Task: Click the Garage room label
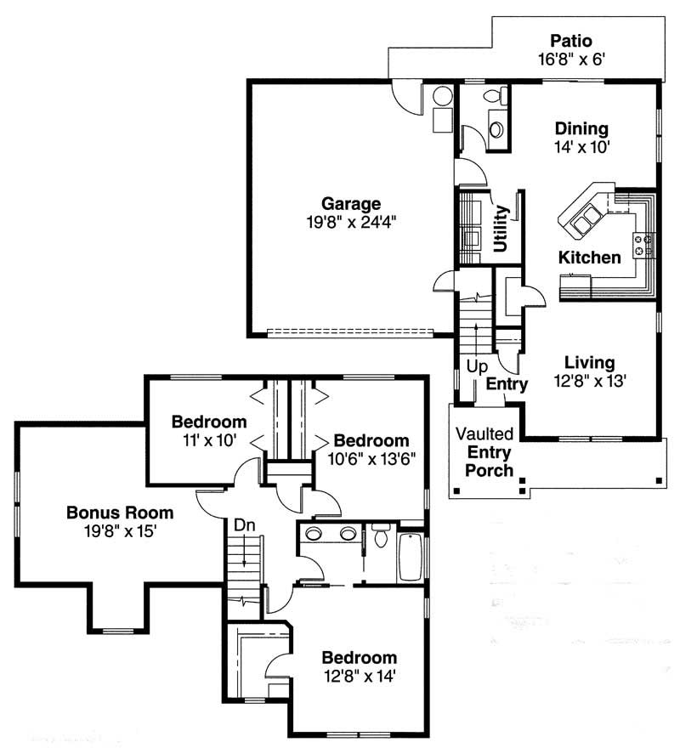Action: pos(350,204)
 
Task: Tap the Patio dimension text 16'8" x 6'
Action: pos(570,59)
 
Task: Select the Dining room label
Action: pos(581,129)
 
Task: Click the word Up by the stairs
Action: pos(475,368)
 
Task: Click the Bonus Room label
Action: pos(120,513)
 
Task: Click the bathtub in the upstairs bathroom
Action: pos(410,556)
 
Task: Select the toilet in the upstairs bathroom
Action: pos(380,537)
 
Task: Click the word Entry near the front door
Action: pos(507,384)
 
